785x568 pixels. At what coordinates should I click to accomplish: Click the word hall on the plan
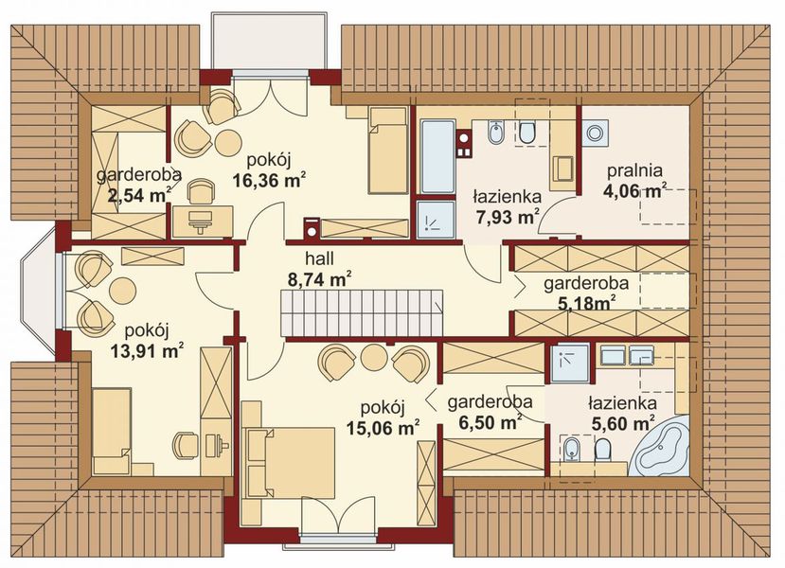[x=319, y=258]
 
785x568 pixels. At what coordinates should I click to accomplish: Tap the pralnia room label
[x=634, y=171]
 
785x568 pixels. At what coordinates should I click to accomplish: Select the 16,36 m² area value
[x=269, y=180]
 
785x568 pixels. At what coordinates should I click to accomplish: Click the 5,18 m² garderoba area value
[x=586, y=303]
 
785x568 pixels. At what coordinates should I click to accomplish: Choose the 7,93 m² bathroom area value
[x=506, y=217]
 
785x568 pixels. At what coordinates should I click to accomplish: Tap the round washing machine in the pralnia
[x=596, y=133]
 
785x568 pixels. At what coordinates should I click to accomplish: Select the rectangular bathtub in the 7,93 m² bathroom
[x=437, y=156]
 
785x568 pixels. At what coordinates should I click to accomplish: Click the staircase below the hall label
[x=362, y=313]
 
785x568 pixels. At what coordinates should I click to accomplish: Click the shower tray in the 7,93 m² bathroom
[x=437, y=220]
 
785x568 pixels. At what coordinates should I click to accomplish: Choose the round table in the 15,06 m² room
[x=374, y=358]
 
